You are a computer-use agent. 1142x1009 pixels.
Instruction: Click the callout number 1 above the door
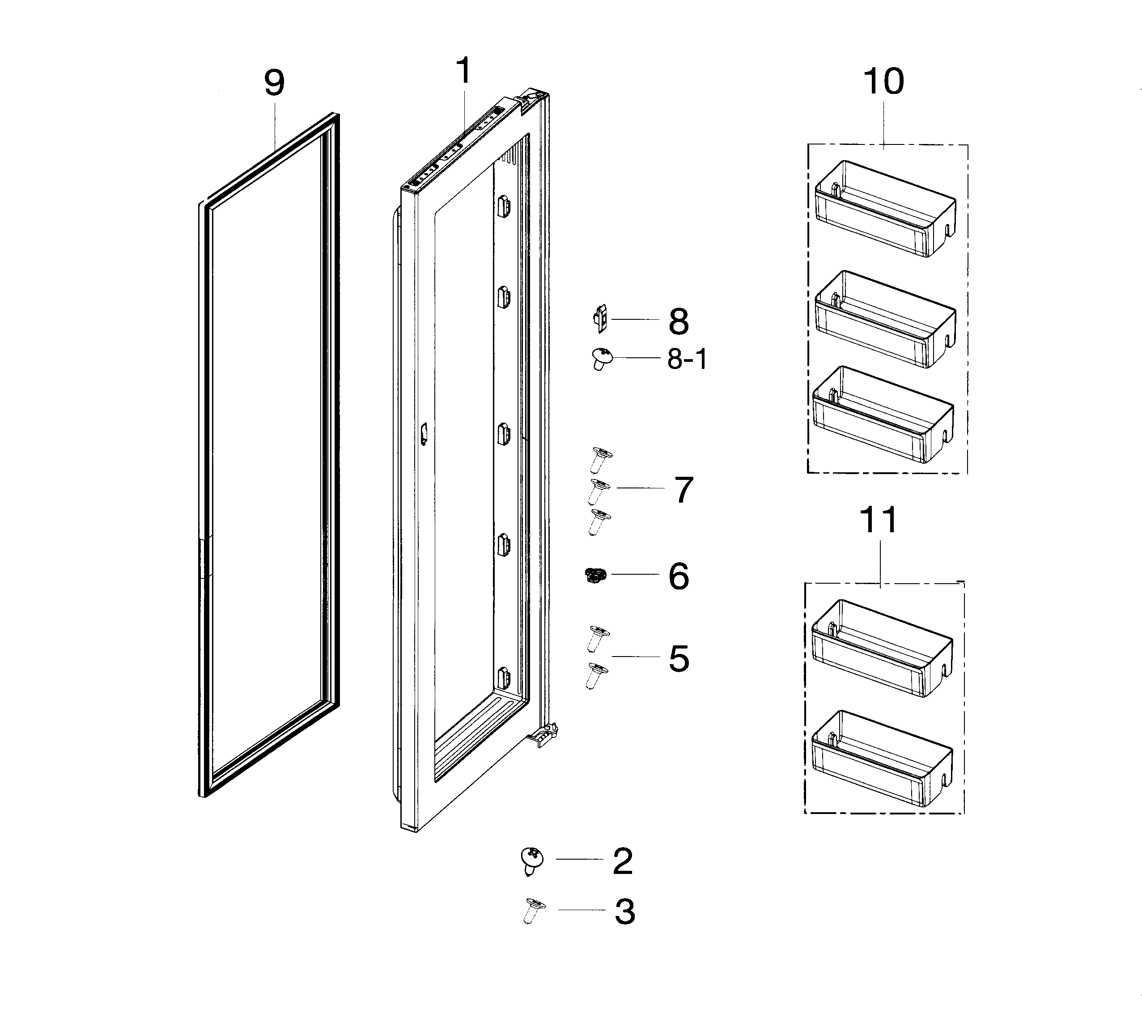click(x=464, y=71)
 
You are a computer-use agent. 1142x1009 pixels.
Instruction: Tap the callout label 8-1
click(x=687, y=359)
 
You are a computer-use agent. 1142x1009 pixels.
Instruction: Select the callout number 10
click(x=883, y=81)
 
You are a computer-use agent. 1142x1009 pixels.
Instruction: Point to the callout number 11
click(x=879, y=521)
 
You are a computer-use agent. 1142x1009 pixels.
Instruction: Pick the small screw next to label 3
click(x=534, y=910)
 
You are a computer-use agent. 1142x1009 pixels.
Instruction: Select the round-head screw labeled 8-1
click(x=601, y=357)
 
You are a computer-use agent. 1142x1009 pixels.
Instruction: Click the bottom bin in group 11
click(x=881, y=758)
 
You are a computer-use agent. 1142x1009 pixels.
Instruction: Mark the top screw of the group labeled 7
click(x=600, y=459)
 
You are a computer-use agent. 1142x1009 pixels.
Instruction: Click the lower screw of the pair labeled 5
click(x=596, y=675)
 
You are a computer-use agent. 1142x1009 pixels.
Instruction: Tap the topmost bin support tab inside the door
click(x=503, y=206)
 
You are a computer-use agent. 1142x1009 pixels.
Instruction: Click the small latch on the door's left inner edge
click(x=424, y=433)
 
